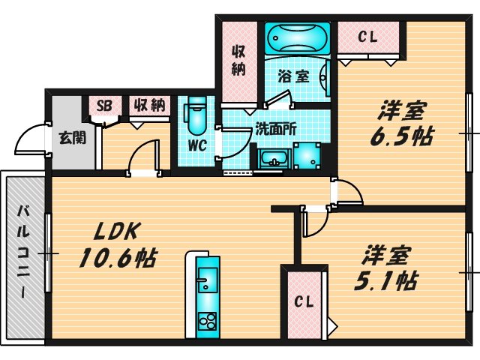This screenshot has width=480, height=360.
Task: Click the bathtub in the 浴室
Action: coord(298,38)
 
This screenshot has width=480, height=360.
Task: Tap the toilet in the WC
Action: coord(195,116)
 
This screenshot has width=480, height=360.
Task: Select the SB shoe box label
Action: coord(104,106)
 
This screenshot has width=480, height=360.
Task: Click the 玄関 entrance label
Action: coord(73,138)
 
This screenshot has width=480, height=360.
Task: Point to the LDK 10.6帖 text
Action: coord(118,244)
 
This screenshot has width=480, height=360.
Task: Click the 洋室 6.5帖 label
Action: coord(402,124)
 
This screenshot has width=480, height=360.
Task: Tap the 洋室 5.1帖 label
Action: coord(385,268)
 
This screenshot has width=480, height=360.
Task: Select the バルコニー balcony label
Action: coord(23,252)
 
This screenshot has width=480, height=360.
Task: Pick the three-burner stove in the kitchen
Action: coord(208,321)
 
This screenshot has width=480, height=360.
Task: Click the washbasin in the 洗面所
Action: coord(273,159)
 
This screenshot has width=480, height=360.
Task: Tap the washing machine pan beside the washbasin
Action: coord(307,156)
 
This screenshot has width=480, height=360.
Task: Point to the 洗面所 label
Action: coord(276,130)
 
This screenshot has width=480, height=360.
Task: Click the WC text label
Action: coord(197,145)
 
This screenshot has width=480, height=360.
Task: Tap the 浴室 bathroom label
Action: coord(293,76)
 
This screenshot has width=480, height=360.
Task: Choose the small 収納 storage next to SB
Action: coord(149,106)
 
